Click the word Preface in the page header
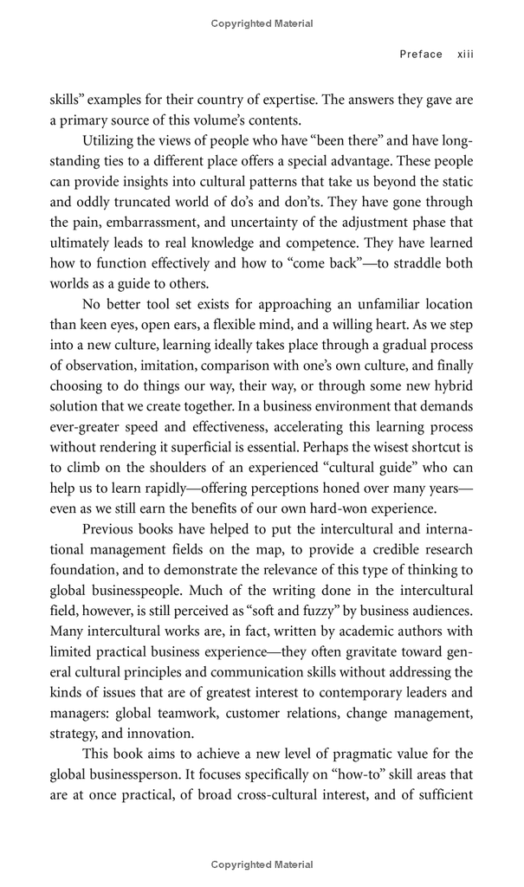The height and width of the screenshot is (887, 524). click(x=421, y=54)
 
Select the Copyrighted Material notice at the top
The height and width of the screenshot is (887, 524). click(x=262, y=24)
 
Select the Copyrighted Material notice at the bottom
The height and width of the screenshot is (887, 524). click(x=262, y=864)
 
